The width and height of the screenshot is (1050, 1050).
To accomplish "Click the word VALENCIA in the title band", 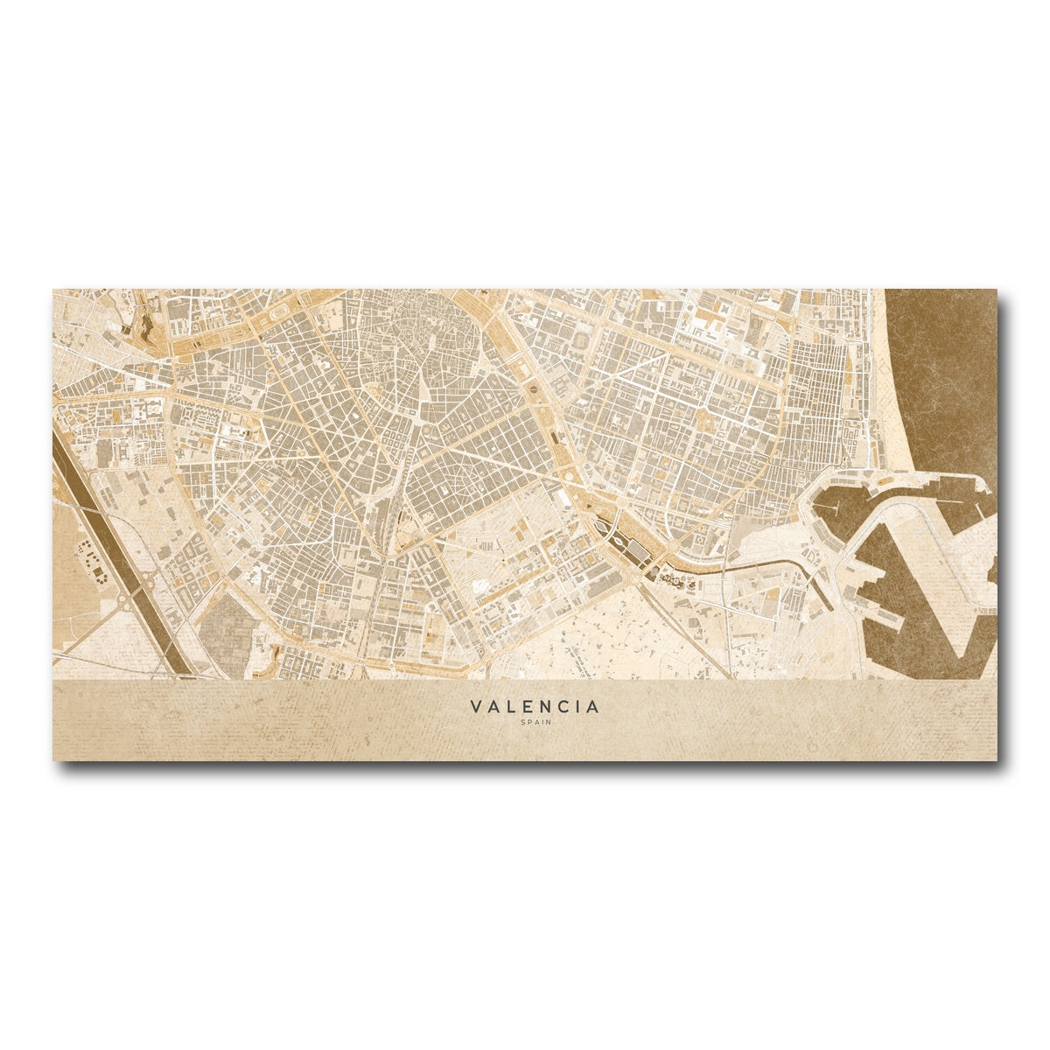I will [535, 706].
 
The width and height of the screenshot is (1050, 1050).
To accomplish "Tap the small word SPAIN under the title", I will [535, 723].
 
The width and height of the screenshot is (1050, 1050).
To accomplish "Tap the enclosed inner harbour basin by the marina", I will [836, 507].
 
